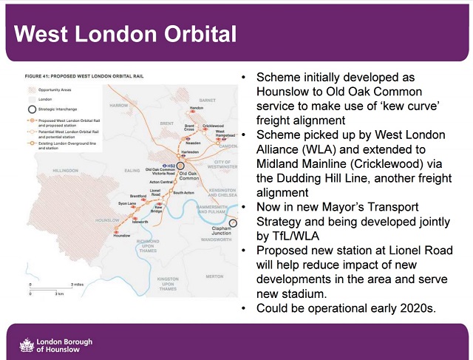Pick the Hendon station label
pos(196,109)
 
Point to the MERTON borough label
pos(214,276)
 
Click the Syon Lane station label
pos(126,203)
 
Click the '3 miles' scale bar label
pos(76,284)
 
